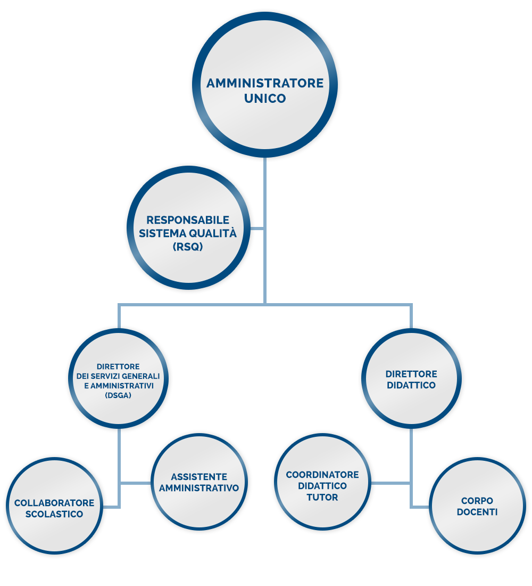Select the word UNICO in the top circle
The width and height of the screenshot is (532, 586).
[265, 99]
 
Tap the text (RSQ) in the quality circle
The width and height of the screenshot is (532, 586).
[188, 246]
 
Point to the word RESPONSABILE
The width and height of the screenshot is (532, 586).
[188, 219]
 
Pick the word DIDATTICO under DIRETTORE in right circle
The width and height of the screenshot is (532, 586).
[411, 385]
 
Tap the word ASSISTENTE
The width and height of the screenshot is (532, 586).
[199, 477]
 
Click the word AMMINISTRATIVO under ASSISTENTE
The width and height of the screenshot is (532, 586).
[199, 487]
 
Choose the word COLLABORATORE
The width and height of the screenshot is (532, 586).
[54, 503]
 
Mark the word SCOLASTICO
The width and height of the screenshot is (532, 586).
[54, 514]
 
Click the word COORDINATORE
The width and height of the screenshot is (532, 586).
[322, 475]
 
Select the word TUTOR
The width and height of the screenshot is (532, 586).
[322, 497]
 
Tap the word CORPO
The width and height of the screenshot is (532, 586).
[477, 501]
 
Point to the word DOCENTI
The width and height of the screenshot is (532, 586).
[477, 512]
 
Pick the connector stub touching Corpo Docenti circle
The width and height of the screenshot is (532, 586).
[421, 507]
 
